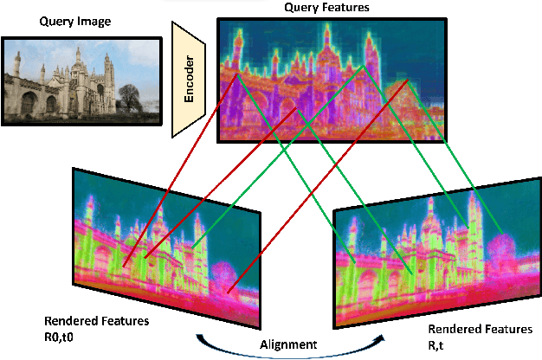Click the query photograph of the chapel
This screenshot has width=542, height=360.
click(82, 79)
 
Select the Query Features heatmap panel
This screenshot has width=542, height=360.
click(331, 80)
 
